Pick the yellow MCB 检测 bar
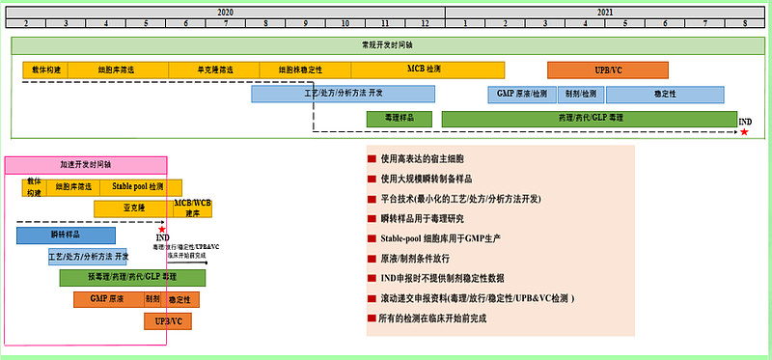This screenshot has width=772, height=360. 425,69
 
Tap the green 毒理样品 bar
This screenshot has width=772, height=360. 399,118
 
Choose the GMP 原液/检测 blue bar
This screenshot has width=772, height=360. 521,94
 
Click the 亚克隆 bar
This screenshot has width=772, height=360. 132,208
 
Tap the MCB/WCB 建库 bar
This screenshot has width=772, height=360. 192,208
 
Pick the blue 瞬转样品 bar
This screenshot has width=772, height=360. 66,235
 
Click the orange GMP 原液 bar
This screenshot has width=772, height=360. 106,299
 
